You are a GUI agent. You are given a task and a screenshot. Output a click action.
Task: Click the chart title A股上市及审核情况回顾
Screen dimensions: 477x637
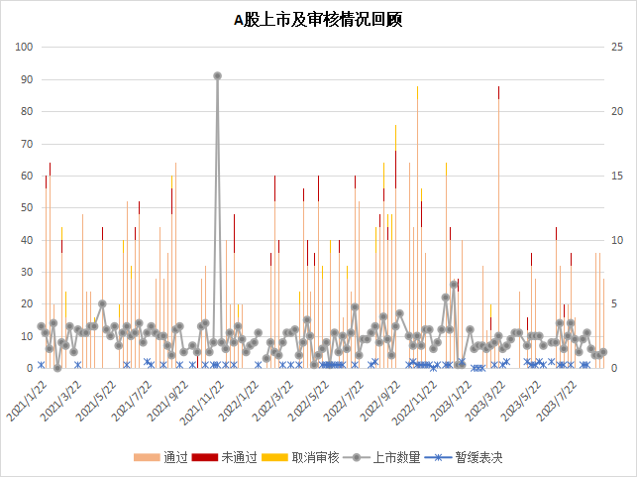coord(317,19)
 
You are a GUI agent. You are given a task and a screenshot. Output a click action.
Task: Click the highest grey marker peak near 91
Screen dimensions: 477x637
coord(217,75)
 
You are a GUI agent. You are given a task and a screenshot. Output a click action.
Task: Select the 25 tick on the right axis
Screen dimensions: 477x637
coord(615,47)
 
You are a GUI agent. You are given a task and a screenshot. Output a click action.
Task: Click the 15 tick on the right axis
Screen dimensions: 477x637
coord(615,176)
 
